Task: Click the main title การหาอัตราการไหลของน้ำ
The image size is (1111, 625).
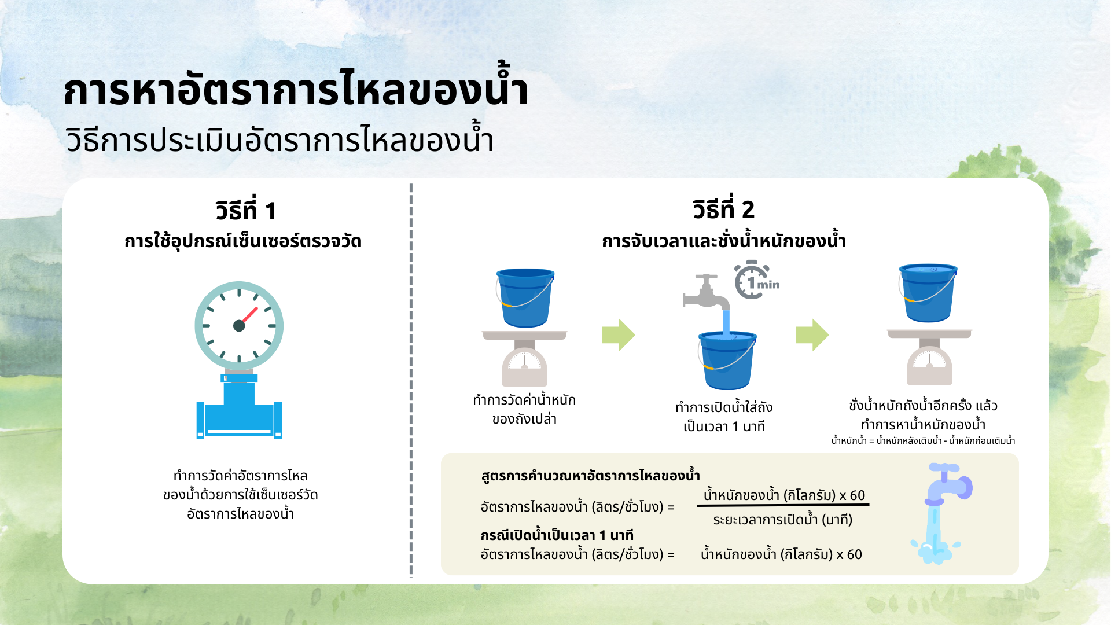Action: coord(296,90)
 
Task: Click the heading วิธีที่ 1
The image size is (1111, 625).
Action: coord(245,211)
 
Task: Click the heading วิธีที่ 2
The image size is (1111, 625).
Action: coord(723,209)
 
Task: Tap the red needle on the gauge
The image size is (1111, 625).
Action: coord(250,315)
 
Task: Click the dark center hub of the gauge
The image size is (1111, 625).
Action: coord(239,326)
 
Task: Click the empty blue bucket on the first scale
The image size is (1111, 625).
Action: coord(525,297)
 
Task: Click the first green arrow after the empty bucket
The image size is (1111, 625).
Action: coord(618,335)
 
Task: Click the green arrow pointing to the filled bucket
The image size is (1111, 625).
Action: coord(812,335)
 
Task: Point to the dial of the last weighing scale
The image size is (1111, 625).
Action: coord(929,361)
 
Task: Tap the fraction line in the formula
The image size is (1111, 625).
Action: coord(783,505)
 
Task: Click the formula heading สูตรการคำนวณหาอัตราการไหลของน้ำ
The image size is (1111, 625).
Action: coord(590,476)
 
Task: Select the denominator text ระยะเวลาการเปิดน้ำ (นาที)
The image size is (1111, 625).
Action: coord(782,520)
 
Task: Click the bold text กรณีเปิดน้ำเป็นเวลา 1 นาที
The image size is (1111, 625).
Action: coord(557,535)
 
